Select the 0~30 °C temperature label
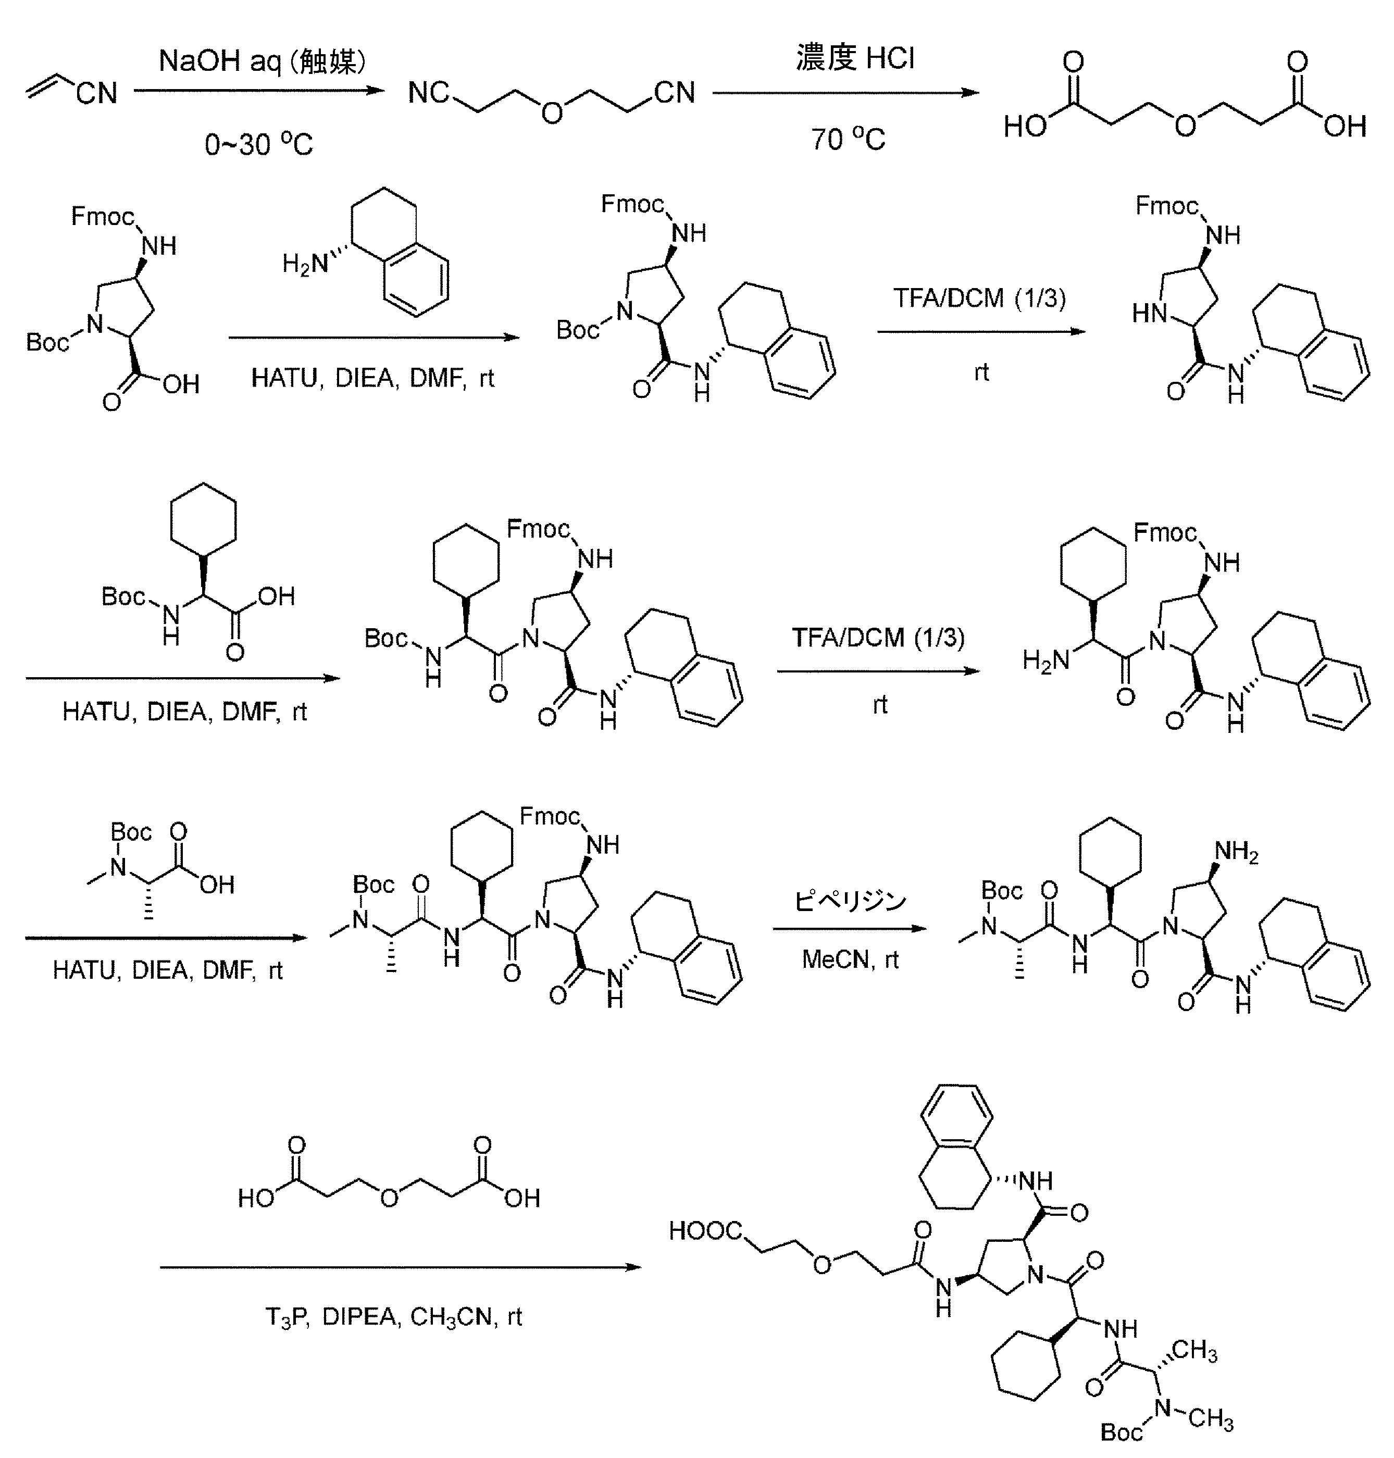tap(258, 143)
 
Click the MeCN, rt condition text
tap(850, 959)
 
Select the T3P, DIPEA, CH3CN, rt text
tap(394, 1317)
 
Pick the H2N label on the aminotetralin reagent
tap(305, 263)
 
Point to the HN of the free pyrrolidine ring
tap(1150, 314)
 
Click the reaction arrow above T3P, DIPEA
tap(401, 1267)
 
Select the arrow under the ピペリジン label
tap(850, 928)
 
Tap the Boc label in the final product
tap(1121, 1431)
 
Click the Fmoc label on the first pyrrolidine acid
tap(103, 216)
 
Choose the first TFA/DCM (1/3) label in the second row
tap(979, 298)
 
